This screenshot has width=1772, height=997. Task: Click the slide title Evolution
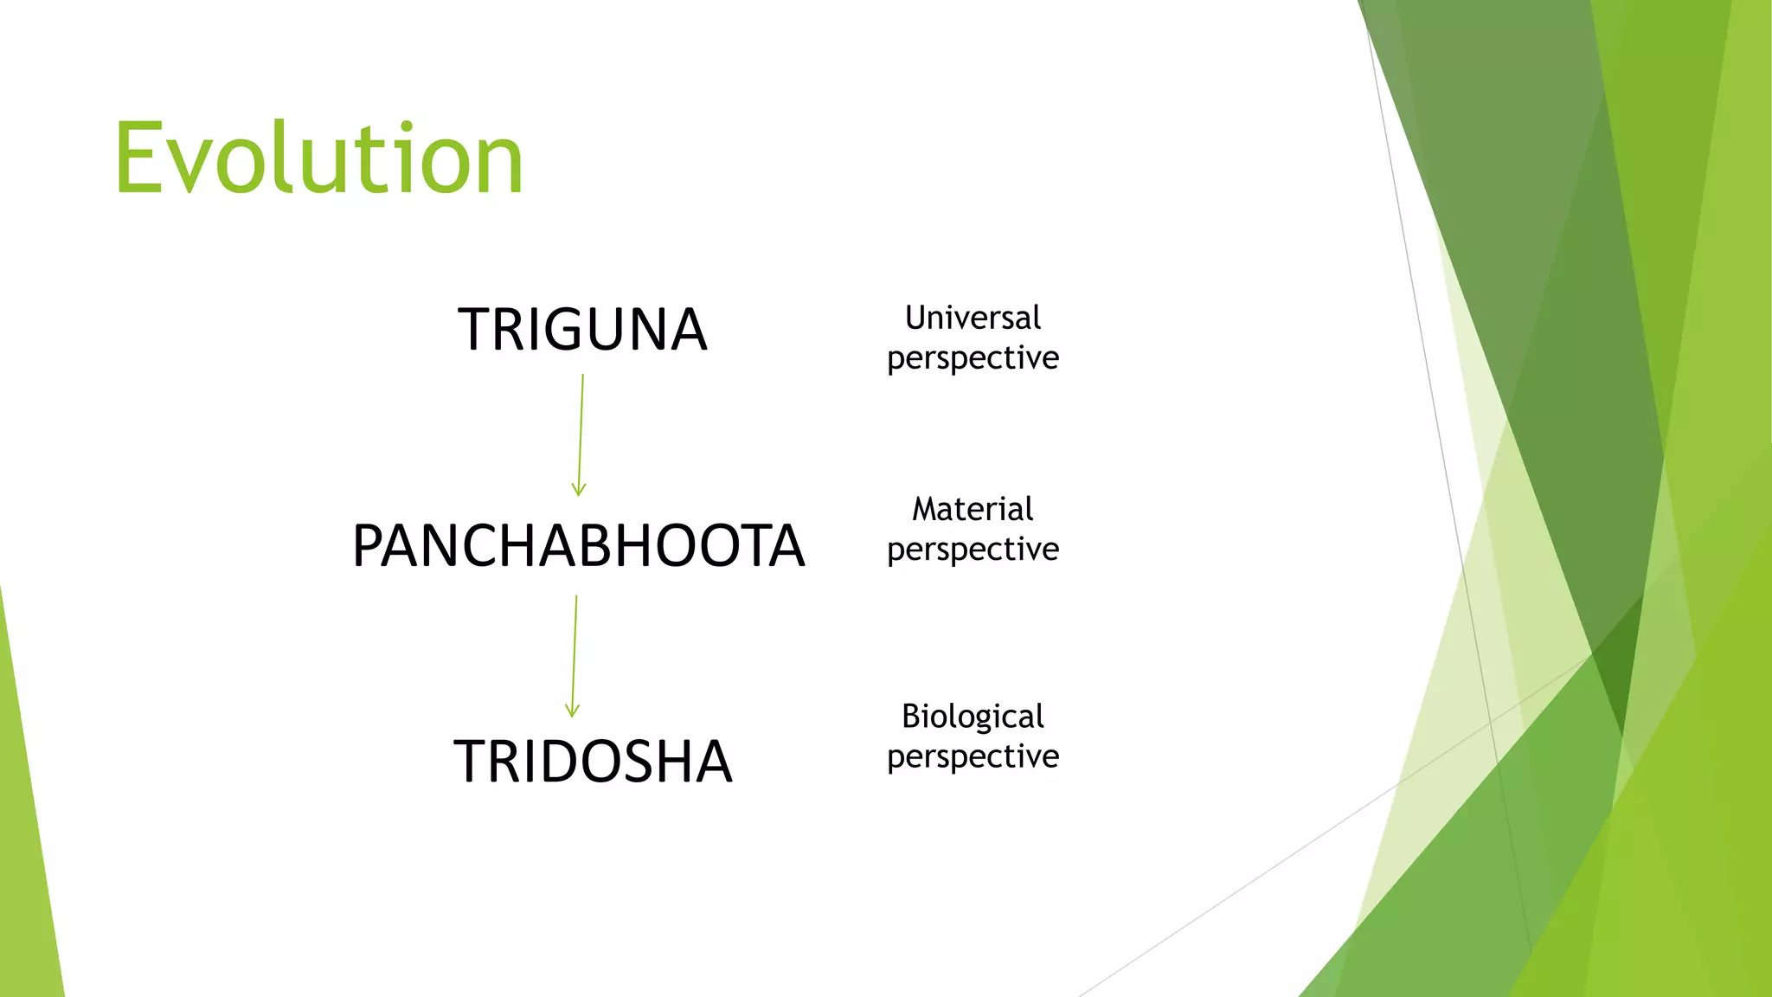pos(318,159)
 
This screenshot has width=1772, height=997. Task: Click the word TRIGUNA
pos(582,330)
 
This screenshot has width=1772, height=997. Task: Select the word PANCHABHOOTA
pos(578,546)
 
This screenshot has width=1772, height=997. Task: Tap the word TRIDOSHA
pos(593,762)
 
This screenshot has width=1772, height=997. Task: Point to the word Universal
pos(973,318)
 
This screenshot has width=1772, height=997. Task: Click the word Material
pos(973,509)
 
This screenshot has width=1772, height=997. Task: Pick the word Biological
pos(973,717)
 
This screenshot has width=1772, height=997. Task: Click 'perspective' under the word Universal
pos(973,358)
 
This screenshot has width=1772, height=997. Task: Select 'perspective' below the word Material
pos(973,550)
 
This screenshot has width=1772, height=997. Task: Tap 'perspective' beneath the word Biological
pos(973,757)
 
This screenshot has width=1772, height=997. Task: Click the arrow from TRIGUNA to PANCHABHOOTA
pos(581,433)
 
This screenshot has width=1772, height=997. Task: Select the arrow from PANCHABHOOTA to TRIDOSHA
pos(575,653)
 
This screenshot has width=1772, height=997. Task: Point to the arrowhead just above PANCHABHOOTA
pos(579,490)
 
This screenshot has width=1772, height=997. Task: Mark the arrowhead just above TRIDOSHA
pos(572,711)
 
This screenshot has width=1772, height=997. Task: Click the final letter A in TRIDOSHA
pos(709,762)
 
